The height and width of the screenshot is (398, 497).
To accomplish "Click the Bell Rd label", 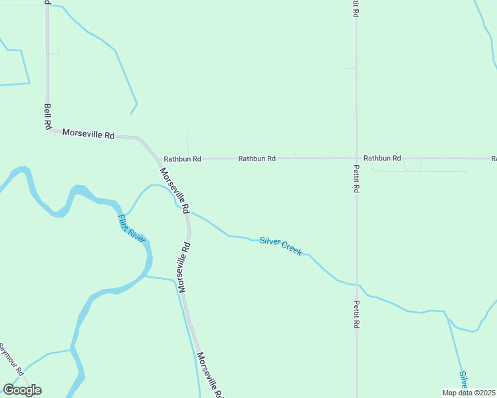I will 48,115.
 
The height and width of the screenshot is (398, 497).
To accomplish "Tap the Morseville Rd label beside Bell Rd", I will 88,133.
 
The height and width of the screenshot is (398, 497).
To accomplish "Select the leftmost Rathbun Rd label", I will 182,159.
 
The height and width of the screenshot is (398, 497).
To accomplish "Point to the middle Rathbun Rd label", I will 257,159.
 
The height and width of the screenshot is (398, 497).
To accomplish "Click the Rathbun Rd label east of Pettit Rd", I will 382,158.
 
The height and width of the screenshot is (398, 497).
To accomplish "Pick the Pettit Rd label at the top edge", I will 356,8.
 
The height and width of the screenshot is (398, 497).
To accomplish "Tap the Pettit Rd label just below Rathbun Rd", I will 356,178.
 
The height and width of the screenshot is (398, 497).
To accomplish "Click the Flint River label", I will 131,228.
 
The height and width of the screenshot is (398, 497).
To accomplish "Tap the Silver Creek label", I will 280,246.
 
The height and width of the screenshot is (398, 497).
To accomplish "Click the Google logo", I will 22,390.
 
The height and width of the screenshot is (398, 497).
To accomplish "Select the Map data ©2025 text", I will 468,393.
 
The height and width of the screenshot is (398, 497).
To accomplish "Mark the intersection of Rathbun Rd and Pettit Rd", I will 356,159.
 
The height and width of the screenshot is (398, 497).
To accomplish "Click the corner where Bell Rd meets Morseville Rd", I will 49,130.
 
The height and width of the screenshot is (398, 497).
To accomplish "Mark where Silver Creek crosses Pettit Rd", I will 356,285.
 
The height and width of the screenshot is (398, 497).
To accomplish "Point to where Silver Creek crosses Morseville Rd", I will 188,212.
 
